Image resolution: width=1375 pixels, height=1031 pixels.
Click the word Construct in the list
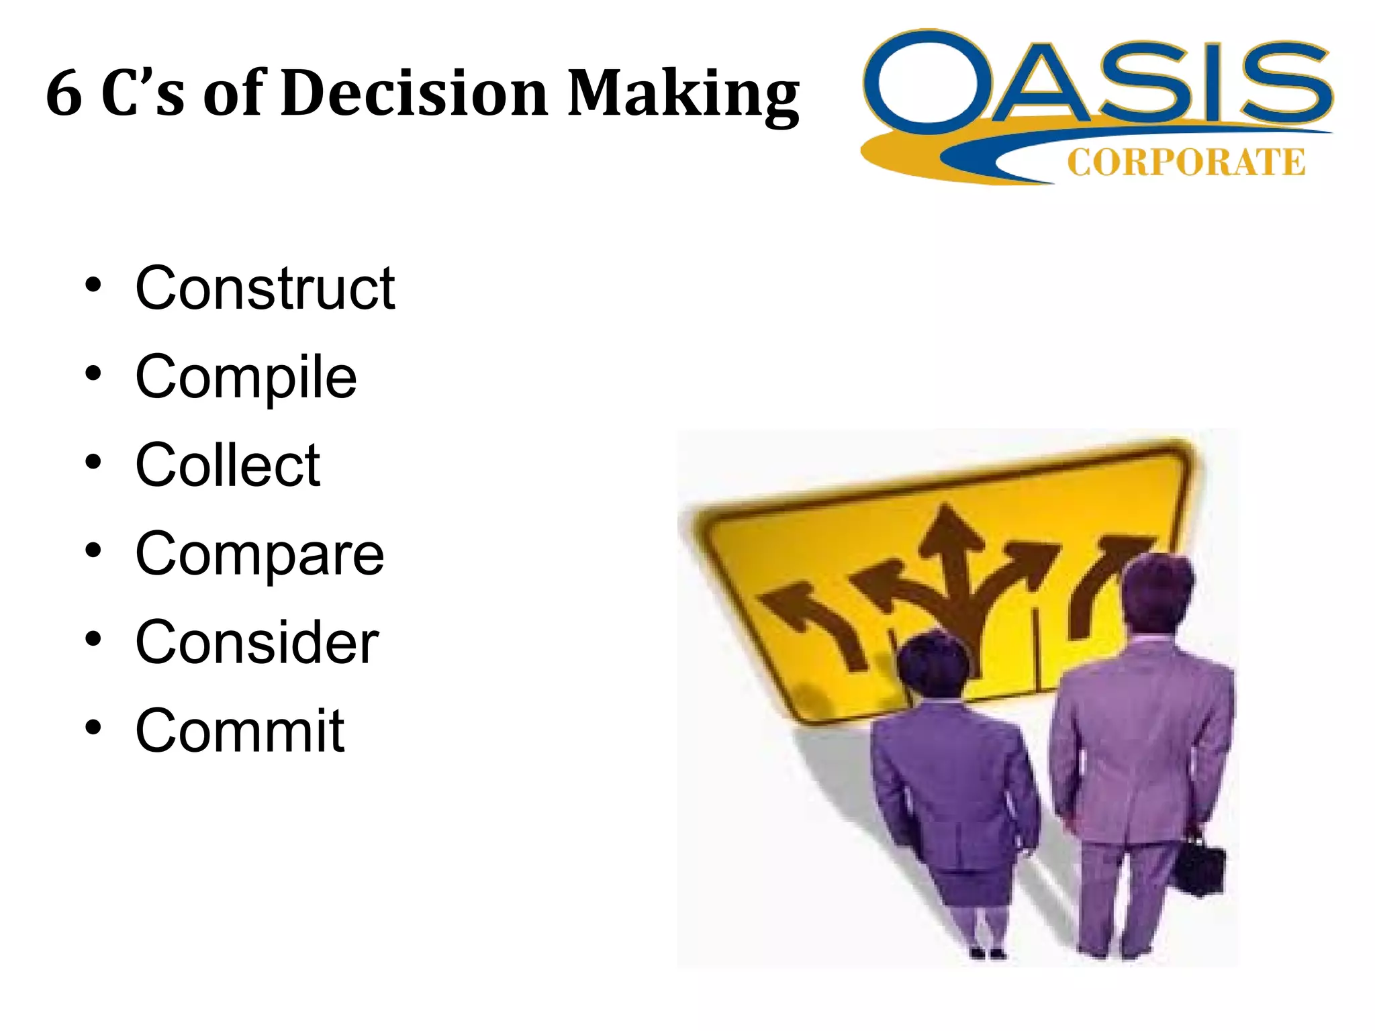[265, 289]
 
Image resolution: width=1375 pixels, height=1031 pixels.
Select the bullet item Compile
[246, 377]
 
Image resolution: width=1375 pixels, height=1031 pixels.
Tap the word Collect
[228, 464]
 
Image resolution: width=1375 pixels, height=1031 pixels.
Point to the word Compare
[260, 554]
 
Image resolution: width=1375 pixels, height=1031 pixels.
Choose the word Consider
[257, 642]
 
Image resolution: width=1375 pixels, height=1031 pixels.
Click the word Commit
[240, 730]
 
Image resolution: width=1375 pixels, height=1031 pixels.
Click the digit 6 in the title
[64, 94]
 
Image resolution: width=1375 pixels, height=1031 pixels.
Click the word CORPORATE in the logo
[1186, 162]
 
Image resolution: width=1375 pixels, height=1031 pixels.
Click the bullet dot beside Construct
[93, 285]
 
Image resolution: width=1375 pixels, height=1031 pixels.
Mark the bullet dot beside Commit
[93, 727]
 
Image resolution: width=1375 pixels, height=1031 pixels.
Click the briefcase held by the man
[1201, 866]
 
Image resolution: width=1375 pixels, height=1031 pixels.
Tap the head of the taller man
[1156, 591]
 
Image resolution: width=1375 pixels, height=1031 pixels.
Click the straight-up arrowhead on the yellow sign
[948, 530]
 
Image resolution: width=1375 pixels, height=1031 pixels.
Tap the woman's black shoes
[987, 952]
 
